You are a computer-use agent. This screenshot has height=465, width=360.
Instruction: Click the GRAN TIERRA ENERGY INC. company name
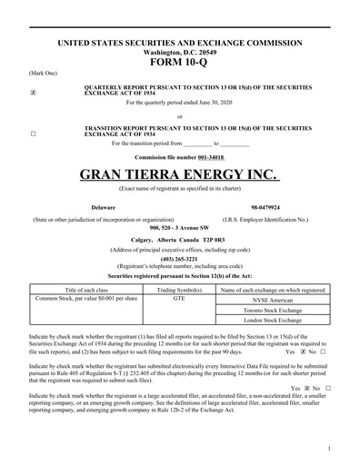180,173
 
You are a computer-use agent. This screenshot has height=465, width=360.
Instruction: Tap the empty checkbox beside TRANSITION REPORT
34,134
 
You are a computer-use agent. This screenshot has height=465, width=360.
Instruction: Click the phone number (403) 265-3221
180,254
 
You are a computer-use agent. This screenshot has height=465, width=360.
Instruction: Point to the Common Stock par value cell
85,297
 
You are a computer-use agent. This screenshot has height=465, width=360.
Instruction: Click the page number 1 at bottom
327,449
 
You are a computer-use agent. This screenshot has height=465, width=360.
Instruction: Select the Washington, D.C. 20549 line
180,52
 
